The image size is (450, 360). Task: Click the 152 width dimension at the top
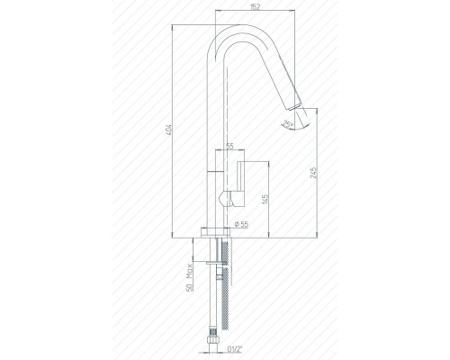click(255, 7)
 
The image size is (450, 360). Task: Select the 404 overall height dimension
click(168, 130)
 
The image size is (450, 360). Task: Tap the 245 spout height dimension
click(313, 173)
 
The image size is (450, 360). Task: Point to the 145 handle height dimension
click(265, 199)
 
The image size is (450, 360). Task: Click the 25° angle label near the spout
click(289, 123)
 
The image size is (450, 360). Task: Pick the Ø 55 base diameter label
click(241, 224)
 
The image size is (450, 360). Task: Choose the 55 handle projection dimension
click(230, 147)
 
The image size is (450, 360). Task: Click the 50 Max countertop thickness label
click(189, 277)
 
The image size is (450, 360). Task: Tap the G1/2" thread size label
click(234, 349)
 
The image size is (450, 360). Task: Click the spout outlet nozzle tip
click(295, 106)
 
